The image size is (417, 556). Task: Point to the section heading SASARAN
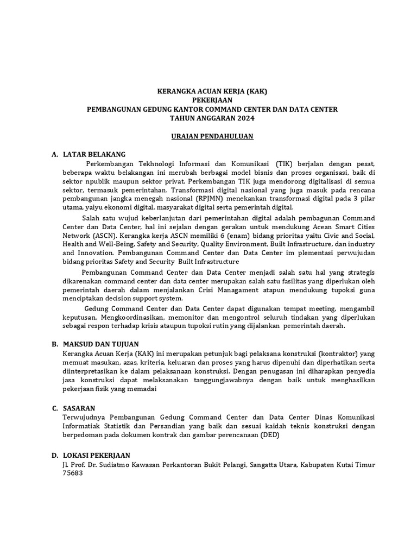click(79, 408)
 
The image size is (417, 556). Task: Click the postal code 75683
click(74, 473)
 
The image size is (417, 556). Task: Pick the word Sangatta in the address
click(261, 465)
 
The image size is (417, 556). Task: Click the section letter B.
click(54, 344)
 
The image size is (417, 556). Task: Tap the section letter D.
click(54, 454)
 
